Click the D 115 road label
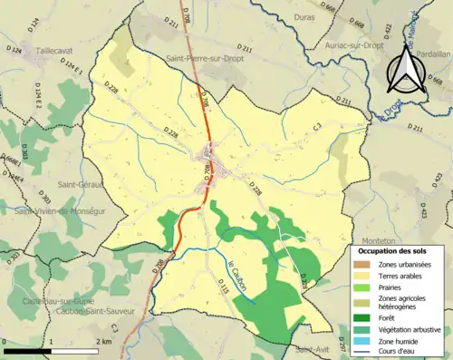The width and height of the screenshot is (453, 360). [x=223, y=288]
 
